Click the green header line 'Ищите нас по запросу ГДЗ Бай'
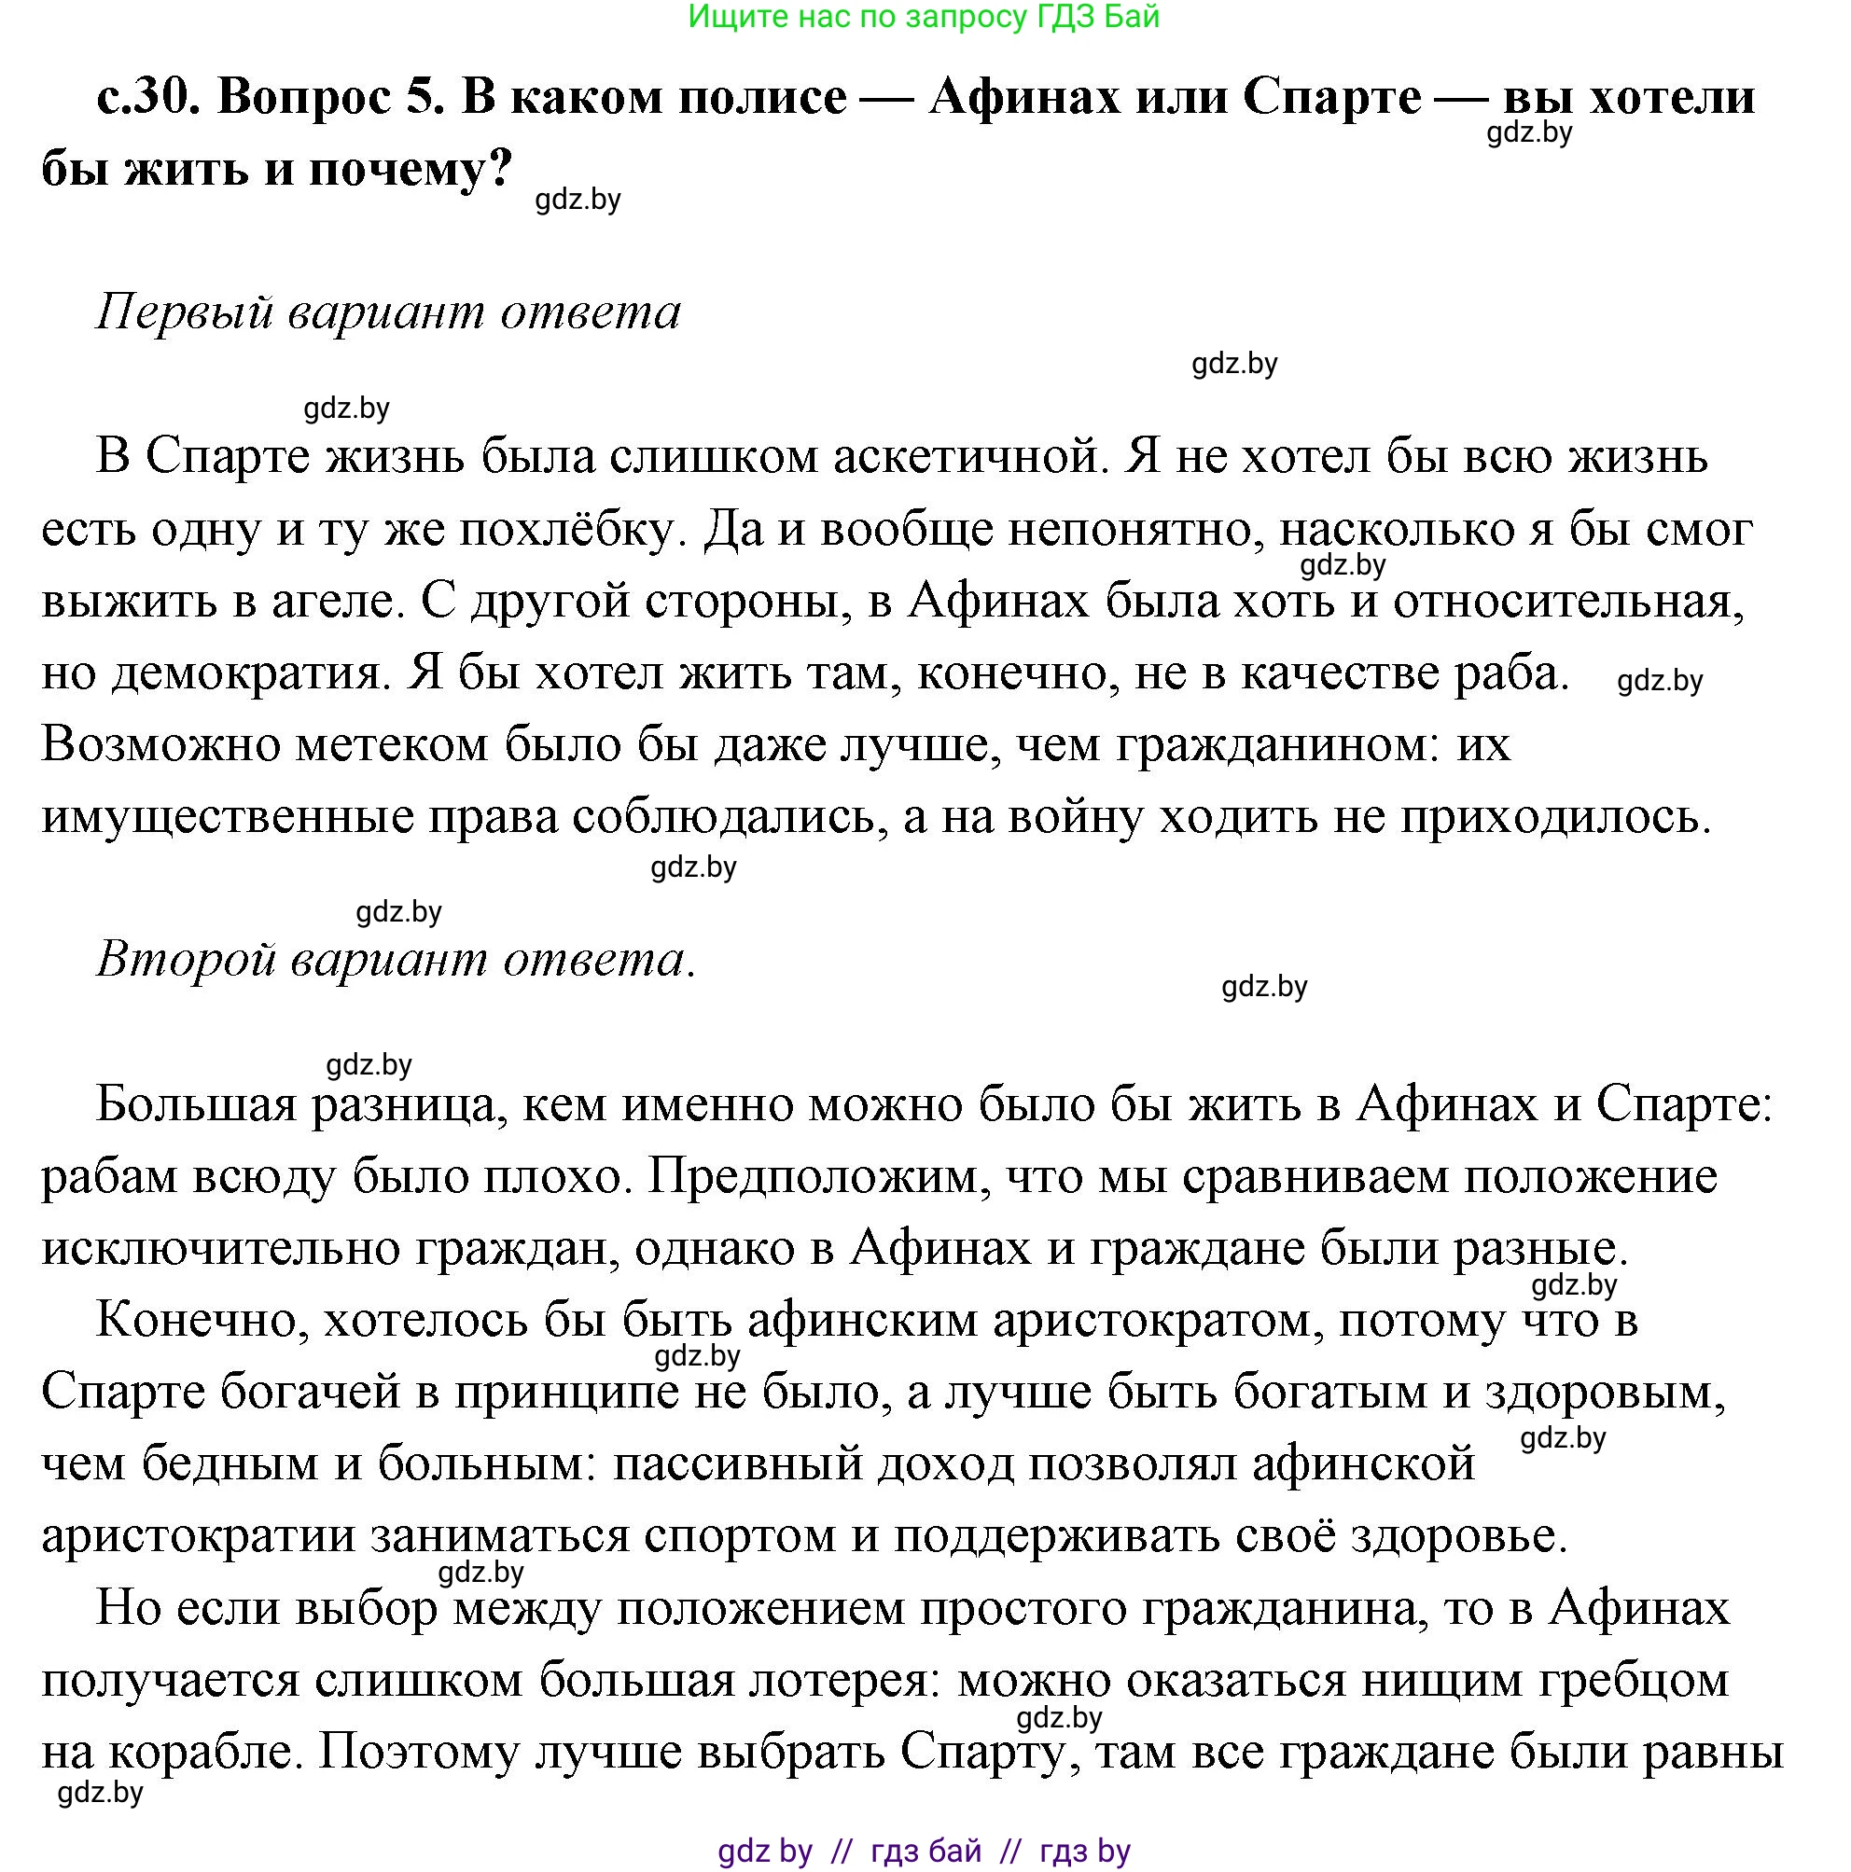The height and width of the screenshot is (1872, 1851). tap(924, 17)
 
